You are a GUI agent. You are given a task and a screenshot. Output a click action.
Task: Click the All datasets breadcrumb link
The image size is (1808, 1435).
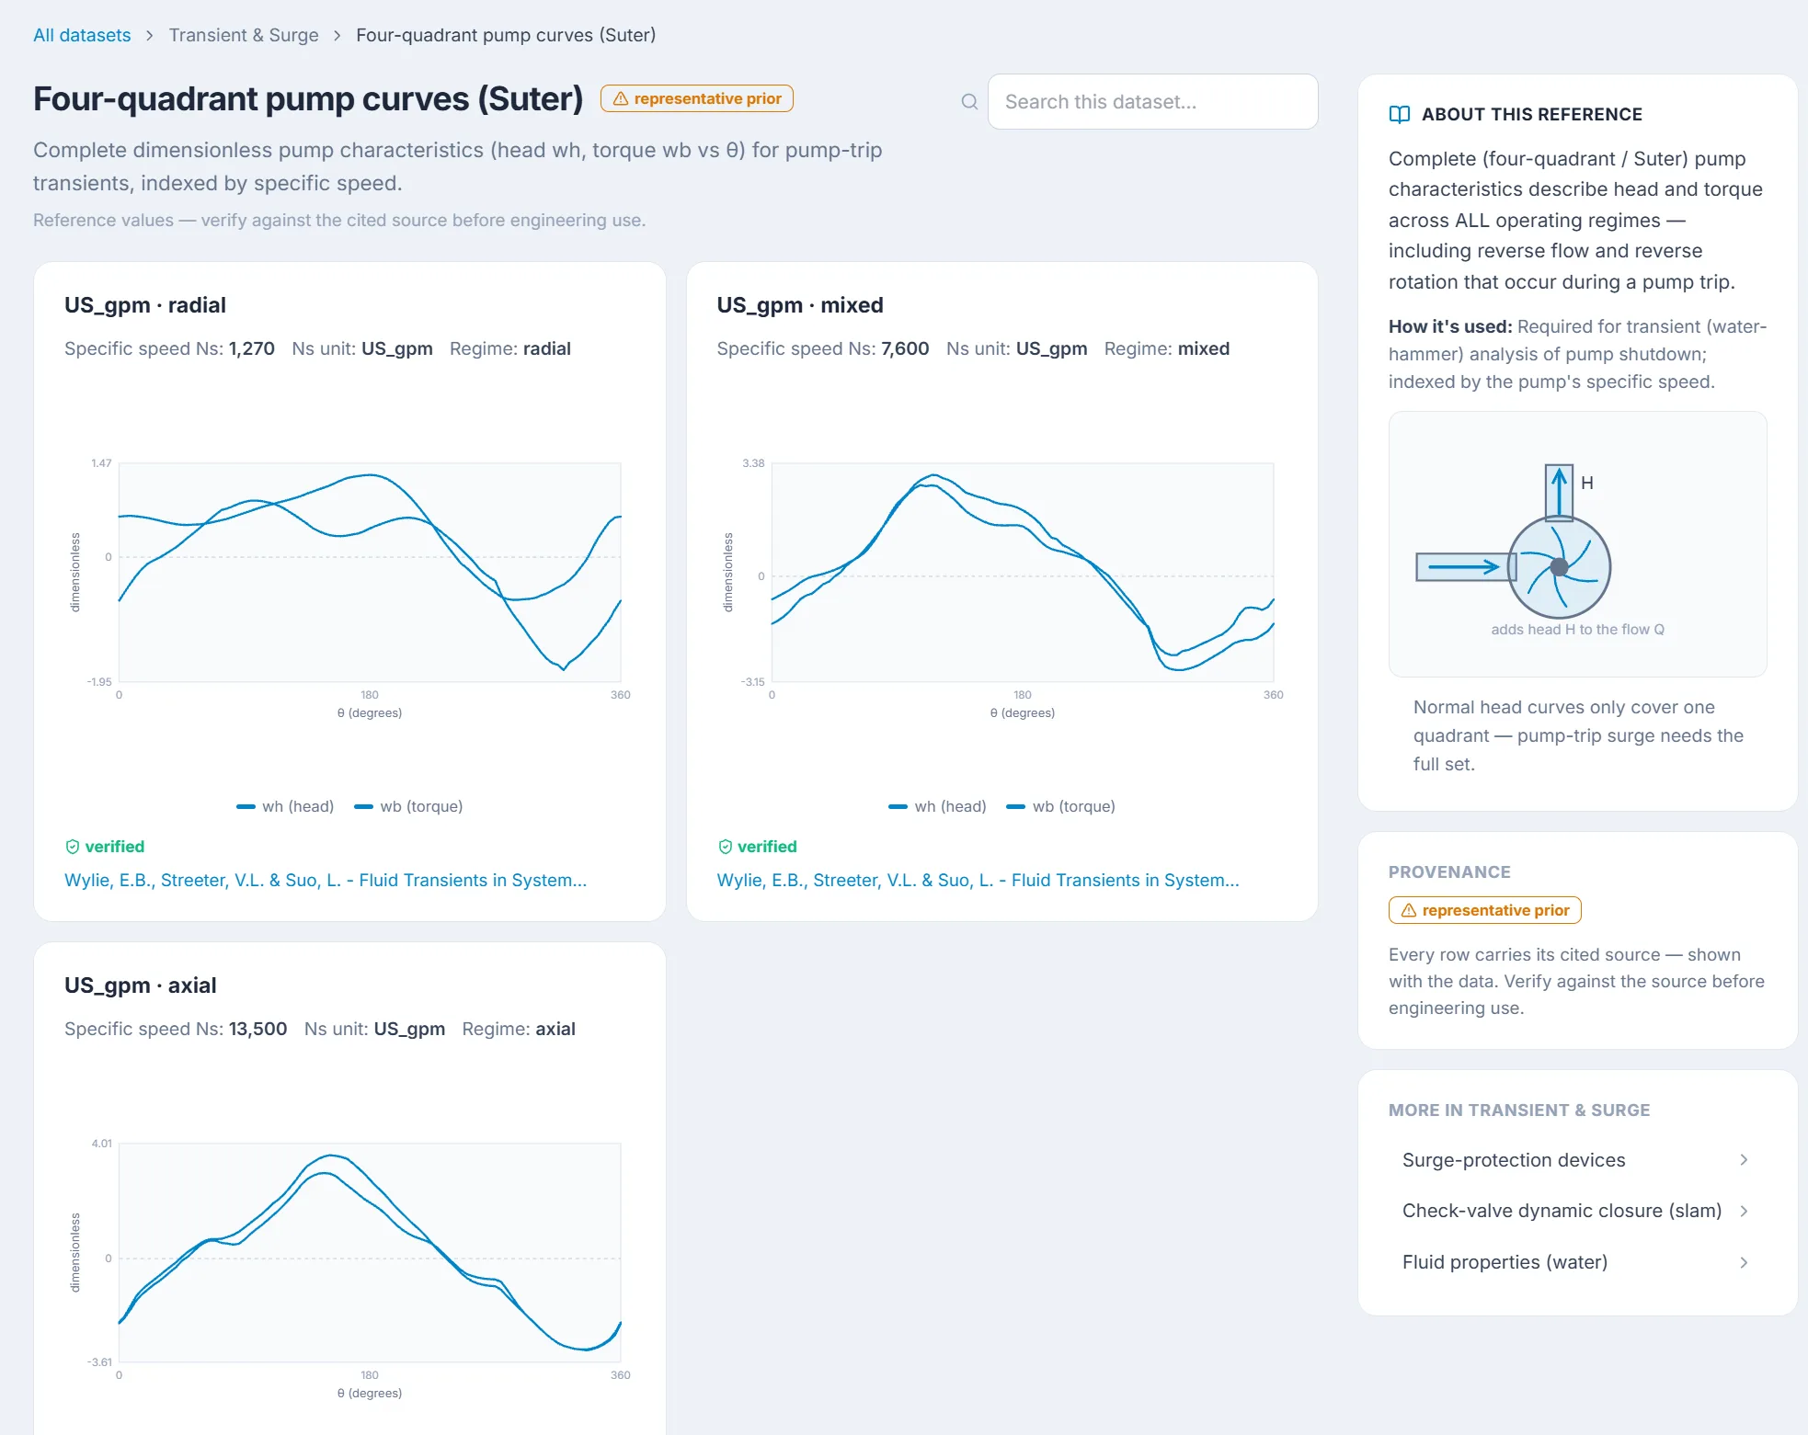82,35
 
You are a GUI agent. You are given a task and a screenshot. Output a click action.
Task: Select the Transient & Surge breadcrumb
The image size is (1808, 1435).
244,35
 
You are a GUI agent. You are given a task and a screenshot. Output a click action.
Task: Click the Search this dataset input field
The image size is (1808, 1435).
1152,102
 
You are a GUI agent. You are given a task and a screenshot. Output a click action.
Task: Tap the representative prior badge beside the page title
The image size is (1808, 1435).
697,98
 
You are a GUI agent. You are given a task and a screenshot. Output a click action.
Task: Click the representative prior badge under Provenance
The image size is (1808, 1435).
1485,910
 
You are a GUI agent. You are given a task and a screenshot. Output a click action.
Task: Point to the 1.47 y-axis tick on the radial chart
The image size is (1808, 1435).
101,463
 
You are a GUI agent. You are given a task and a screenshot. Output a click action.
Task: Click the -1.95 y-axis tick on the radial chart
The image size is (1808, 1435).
99,682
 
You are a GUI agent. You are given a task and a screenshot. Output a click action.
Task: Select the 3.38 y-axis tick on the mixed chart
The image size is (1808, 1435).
753,463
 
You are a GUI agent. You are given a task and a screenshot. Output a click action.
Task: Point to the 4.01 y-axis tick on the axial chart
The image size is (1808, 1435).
101,1144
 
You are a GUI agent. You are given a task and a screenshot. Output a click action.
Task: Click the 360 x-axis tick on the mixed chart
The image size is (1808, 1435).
1273,695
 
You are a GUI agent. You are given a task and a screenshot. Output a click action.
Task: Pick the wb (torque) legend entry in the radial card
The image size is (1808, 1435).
409,806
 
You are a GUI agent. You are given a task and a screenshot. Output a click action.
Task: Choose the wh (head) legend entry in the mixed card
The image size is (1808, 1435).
937,806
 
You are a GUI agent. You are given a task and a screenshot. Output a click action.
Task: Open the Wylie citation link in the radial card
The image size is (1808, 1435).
326,880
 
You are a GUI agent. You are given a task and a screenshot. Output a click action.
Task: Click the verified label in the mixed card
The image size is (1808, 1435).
767,847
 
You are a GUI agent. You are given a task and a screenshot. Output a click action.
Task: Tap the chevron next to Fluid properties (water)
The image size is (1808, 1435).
1744,1262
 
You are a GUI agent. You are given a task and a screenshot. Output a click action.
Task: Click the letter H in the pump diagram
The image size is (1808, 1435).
1587,483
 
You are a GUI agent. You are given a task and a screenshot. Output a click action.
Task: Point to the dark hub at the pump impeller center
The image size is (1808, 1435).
1559,567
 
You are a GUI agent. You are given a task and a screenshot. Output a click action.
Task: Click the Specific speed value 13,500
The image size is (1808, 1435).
257,1029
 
